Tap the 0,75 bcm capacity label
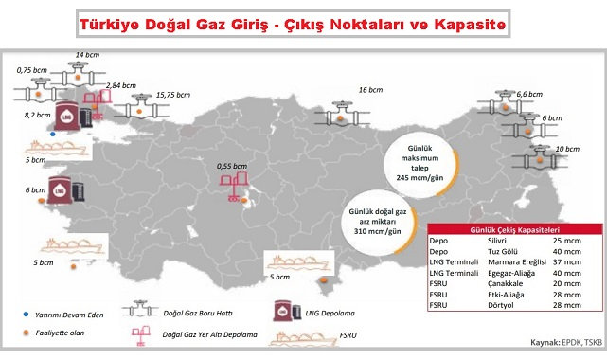point(32,69)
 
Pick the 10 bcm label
point(567,149)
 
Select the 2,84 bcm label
point(121,86)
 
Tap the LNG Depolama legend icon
point(283,313)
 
